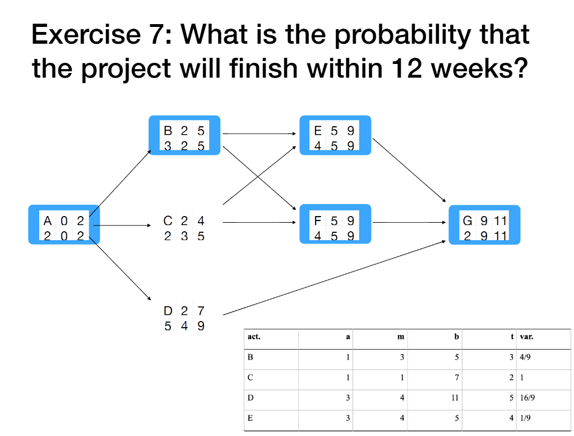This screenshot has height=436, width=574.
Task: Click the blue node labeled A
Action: tap(64, 225)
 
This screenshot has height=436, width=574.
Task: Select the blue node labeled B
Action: tap(184, 135)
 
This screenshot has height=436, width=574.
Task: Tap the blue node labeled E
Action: tap(335, 135)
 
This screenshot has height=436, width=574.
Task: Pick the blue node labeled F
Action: tap(335, 224)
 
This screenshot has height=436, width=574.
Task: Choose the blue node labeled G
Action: tap(484, 225)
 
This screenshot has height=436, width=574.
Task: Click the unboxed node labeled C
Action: tap(184, 228)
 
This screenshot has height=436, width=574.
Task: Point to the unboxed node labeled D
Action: tap(184, 318)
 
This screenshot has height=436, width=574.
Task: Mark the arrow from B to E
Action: tap(260, 134)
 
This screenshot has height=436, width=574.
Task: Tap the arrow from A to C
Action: tap(123, 226)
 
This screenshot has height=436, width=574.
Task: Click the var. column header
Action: tap(526, 337)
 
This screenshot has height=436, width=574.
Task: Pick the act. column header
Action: tap(254, 337)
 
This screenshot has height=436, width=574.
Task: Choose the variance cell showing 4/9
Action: tap(526, 357)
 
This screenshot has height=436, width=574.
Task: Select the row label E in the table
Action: tap(250, 417)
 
